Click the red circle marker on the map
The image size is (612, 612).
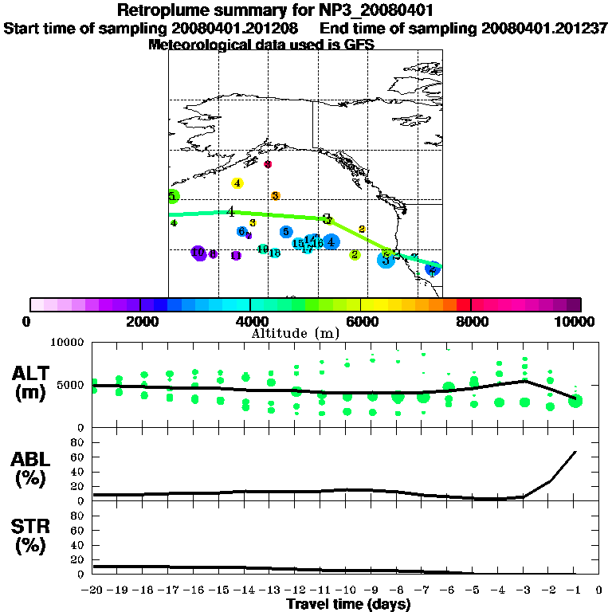[x=268, y=164]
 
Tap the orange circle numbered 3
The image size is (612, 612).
[x=275, y=195]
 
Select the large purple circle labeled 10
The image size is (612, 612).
[x=198, y=253]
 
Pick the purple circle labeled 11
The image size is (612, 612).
[x=235, y=256]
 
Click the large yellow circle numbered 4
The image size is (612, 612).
[x=237, y=183]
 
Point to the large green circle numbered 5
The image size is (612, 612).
[x=173, y=196]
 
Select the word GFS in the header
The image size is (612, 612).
[x=359, y=45]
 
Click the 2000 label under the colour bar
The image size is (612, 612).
[x=139, y=321]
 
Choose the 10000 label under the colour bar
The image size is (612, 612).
[x=575, y=321]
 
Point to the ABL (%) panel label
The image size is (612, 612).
[x=31, y=469]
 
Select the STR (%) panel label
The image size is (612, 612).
[x=31, y=536]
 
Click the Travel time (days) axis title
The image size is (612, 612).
[x=348, y=604]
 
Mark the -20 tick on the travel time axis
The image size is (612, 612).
[x=93, y=590]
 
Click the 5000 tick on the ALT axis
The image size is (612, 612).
[x=73, y=385]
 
